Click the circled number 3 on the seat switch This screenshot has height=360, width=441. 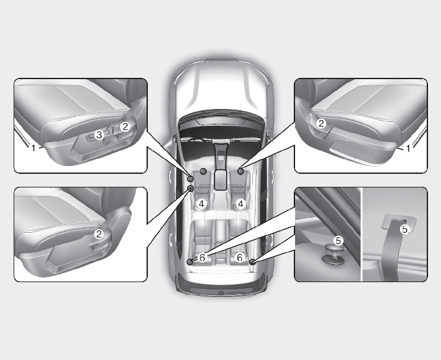point(99,135)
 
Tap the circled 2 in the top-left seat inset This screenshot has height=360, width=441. point(125,126)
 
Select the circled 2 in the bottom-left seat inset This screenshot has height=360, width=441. point(99,234)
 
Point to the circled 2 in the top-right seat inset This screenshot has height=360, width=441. point(321,123)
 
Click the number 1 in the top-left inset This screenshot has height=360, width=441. point(33,148)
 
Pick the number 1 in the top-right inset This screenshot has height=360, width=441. point(408,148)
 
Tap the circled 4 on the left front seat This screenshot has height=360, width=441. point(202,204)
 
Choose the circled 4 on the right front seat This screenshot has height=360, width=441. point(240,204)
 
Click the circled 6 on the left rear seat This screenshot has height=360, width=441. point(202,258)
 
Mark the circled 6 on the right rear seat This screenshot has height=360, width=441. point(239,258)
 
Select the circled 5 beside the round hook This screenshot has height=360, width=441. point(339,241)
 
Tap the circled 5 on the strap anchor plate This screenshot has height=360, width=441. point(405,229)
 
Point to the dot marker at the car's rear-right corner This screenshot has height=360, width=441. point(252,262)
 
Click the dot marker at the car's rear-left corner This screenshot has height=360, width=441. point(190,262)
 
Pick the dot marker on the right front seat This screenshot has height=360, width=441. point(241,171)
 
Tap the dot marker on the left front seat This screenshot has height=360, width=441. point(203,171)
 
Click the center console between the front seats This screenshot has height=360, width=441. point(221,169)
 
